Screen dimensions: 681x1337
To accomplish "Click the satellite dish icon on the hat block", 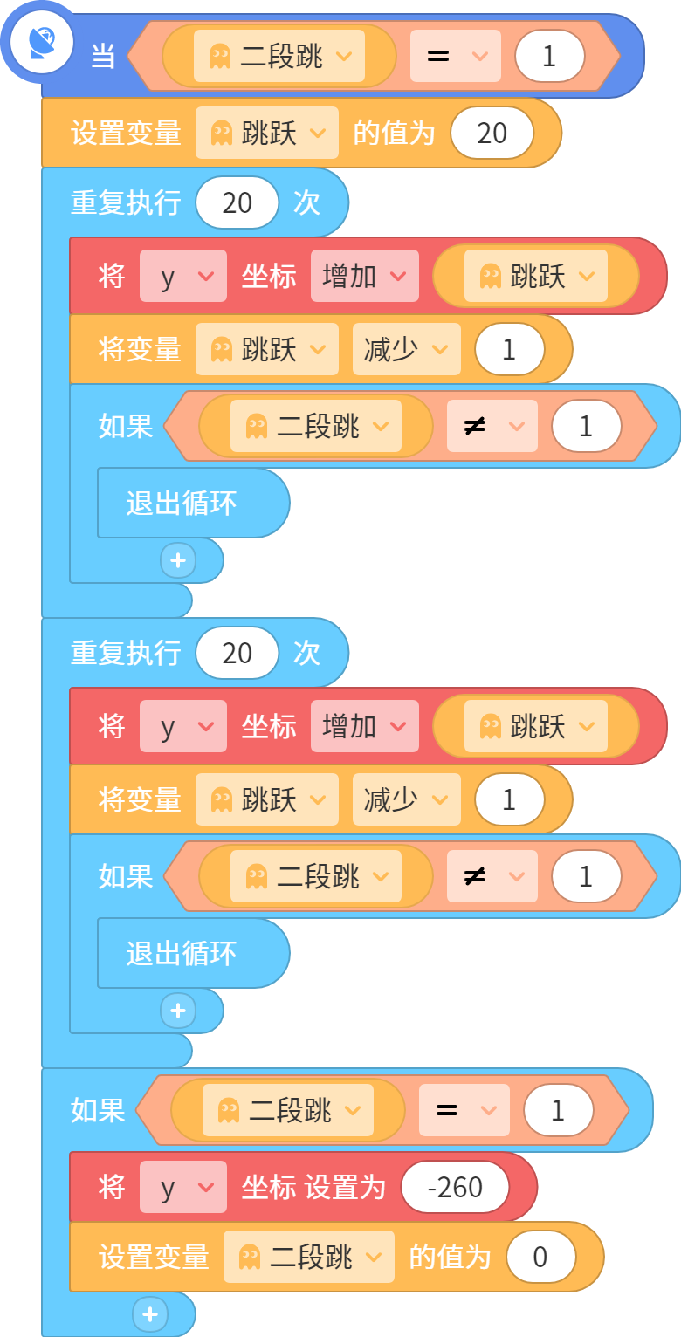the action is click(41, 43).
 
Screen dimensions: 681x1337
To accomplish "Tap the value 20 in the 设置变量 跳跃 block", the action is click(492, 133).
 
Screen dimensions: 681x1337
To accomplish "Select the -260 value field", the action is click(455, 1187).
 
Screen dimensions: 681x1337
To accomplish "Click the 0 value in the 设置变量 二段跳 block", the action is click(540, 1257).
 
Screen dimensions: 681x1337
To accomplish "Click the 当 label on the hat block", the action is click(103, 56).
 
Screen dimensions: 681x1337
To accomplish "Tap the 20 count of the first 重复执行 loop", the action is click(237, 203).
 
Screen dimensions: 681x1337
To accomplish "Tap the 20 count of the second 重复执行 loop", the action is click(237, 653).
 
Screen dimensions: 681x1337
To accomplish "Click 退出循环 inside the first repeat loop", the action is click(182, 504).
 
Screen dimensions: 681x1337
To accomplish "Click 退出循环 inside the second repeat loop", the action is click(182, 953).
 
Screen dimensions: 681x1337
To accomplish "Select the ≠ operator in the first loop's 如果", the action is click(492, 426).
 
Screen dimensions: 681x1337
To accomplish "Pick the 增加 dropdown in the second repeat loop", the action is click(364, 726).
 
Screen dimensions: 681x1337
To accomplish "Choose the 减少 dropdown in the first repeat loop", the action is click(406, 349).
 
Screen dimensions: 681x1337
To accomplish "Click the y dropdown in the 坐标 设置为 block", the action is click(182, 1187).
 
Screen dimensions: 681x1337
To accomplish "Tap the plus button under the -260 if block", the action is click(150, 1313).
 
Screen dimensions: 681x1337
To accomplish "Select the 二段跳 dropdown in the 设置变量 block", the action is click(309, 1257).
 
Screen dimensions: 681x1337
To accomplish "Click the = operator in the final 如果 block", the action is click(464, 1110).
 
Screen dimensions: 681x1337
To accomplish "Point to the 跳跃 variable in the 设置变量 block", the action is click(267, 133).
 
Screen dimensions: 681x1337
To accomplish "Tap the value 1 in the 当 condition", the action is click(549, 56).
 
